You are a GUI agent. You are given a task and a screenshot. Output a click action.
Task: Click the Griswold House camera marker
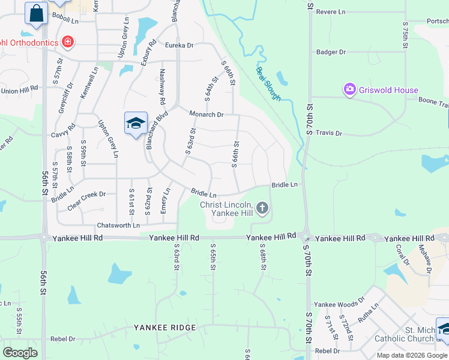click(349, 90)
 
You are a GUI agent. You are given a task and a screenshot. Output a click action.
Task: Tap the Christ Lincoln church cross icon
click(262, 209)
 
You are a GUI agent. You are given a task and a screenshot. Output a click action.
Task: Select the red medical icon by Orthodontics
click(68, 42)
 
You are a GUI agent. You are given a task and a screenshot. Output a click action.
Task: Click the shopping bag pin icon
click(36, 13)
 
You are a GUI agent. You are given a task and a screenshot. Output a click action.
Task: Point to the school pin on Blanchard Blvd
click(136, 124)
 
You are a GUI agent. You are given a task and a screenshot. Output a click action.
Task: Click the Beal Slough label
click(268, 83)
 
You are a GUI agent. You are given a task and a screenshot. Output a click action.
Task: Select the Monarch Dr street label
click(206, 114)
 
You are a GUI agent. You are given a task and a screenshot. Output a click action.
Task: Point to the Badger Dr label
click(331, 52)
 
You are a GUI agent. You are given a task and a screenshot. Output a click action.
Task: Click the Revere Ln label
click(331, 11)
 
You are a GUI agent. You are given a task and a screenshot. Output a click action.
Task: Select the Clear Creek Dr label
click(86, 194)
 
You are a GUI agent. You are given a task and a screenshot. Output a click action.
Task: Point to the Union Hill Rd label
click(19, 91)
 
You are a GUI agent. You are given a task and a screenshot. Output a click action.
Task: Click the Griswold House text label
click(388, 91)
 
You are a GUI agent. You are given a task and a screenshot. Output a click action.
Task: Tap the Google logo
click(20, 352)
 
